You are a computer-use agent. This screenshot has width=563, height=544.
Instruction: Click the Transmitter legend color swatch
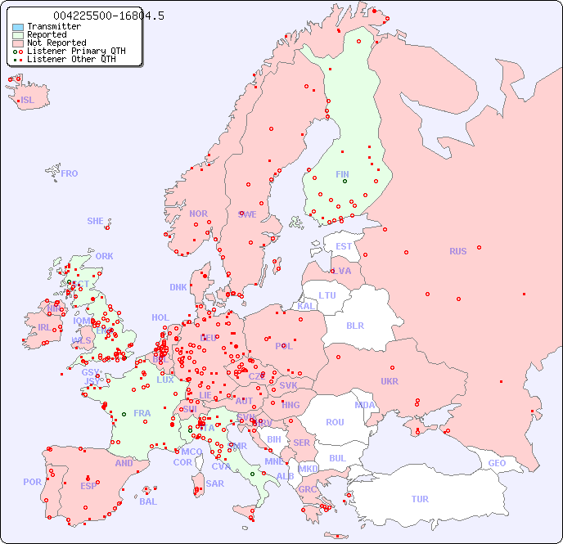[18, 26]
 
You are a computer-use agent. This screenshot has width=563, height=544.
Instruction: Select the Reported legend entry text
[47, 34]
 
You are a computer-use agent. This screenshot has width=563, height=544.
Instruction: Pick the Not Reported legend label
[56, 43]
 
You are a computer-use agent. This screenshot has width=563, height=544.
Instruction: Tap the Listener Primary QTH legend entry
[76, 51]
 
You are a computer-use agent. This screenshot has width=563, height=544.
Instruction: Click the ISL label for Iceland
[28, 100]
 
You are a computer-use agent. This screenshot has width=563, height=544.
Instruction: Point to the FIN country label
[342, 174]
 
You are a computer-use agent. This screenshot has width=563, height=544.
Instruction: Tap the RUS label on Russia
[457, 251]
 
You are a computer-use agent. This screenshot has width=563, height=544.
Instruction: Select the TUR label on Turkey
[420, 499]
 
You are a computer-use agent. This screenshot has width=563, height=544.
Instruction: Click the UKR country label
[390, 381]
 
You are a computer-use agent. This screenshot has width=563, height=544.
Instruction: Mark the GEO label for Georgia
[497, 463]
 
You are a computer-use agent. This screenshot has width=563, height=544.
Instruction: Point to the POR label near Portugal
[32, 482]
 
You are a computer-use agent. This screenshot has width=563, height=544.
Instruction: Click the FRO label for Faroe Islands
[70, 173]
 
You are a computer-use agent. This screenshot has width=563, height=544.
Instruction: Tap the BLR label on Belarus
[354, 325]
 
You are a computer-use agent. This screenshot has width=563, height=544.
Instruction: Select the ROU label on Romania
[335, 422]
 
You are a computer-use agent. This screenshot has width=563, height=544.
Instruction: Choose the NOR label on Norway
[198, 214]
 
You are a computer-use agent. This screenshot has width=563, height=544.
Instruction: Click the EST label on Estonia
[344, 246]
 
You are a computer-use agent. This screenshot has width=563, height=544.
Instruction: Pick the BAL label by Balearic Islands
[147, 501]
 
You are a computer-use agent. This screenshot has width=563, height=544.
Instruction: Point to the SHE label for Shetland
[96, 221]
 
